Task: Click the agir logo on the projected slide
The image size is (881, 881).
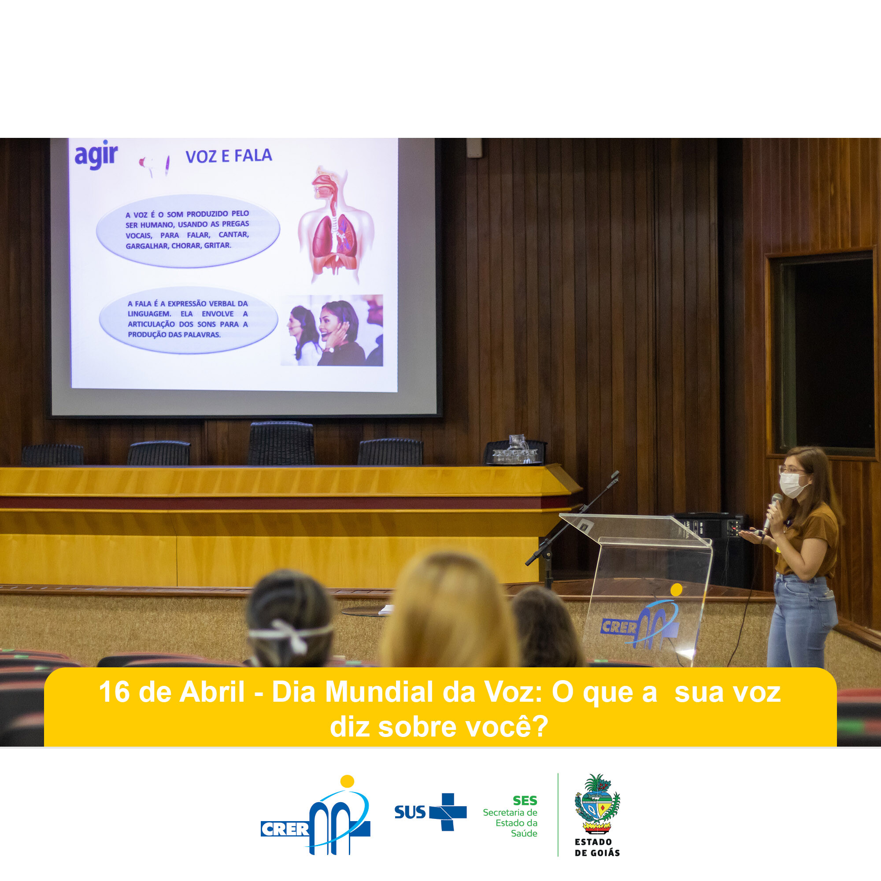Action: (96, 155)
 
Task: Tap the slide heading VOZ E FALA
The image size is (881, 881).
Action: (229, 156)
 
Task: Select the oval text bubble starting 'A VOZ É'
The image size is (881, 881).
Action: (188, 230)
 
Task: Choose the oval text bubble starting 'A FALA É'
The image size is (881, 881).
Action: (188, 319)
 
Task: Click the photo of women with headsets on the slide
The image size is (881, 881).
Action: (332, 330)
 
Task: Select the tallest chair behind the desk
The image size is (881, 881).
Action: (281, 443)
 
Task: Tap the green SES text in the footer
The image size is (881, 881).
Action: (525, 801)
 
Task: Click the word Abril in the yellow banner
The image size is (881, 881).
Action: (212, 692)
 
